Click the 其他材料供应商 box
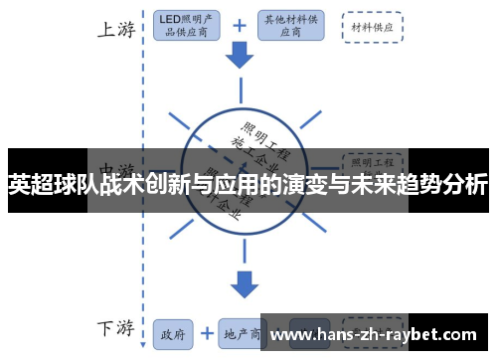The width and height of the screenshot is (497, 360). tap(289, 25)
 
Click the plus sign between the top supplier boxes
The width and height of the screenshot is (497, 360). tap(240, 24)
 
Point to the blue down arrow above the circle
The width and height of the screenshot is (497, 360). tap(240, 56)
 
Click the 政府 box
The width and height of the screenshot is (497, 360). tap(173, 333)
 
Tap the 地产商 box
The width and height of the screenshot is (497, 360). tap(243, 333)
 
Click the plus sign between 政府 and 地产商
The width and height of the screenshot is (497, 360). tap(207, 333)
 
